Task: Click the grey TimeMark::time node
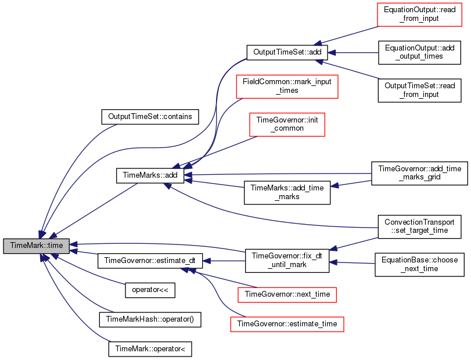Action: point(37,246)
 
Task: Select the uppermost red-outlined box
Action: point(419,15)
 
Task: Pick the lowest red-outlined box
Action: point(287,324)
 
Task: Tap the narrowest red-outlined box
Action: point(287,125)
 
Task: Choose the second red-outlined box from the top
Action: point(287,87)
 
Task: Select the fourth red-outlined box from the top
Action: point(287,295)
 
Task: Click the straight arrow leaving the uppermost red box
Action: point(348,35)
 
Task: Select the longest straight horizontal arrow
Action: point(279,174)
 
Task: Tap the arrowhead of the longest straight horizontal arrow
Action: point(188,174)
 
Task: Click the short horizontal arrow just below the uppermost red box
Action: point(354,53)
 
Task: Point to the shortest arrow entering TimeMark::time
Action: point(84,253)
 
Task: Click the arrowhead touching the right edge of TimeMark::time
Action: point(74,244)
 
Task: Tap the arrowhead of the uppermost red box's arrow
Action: point(318,44)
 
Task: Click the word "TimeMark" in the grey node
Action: point(26,246)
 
